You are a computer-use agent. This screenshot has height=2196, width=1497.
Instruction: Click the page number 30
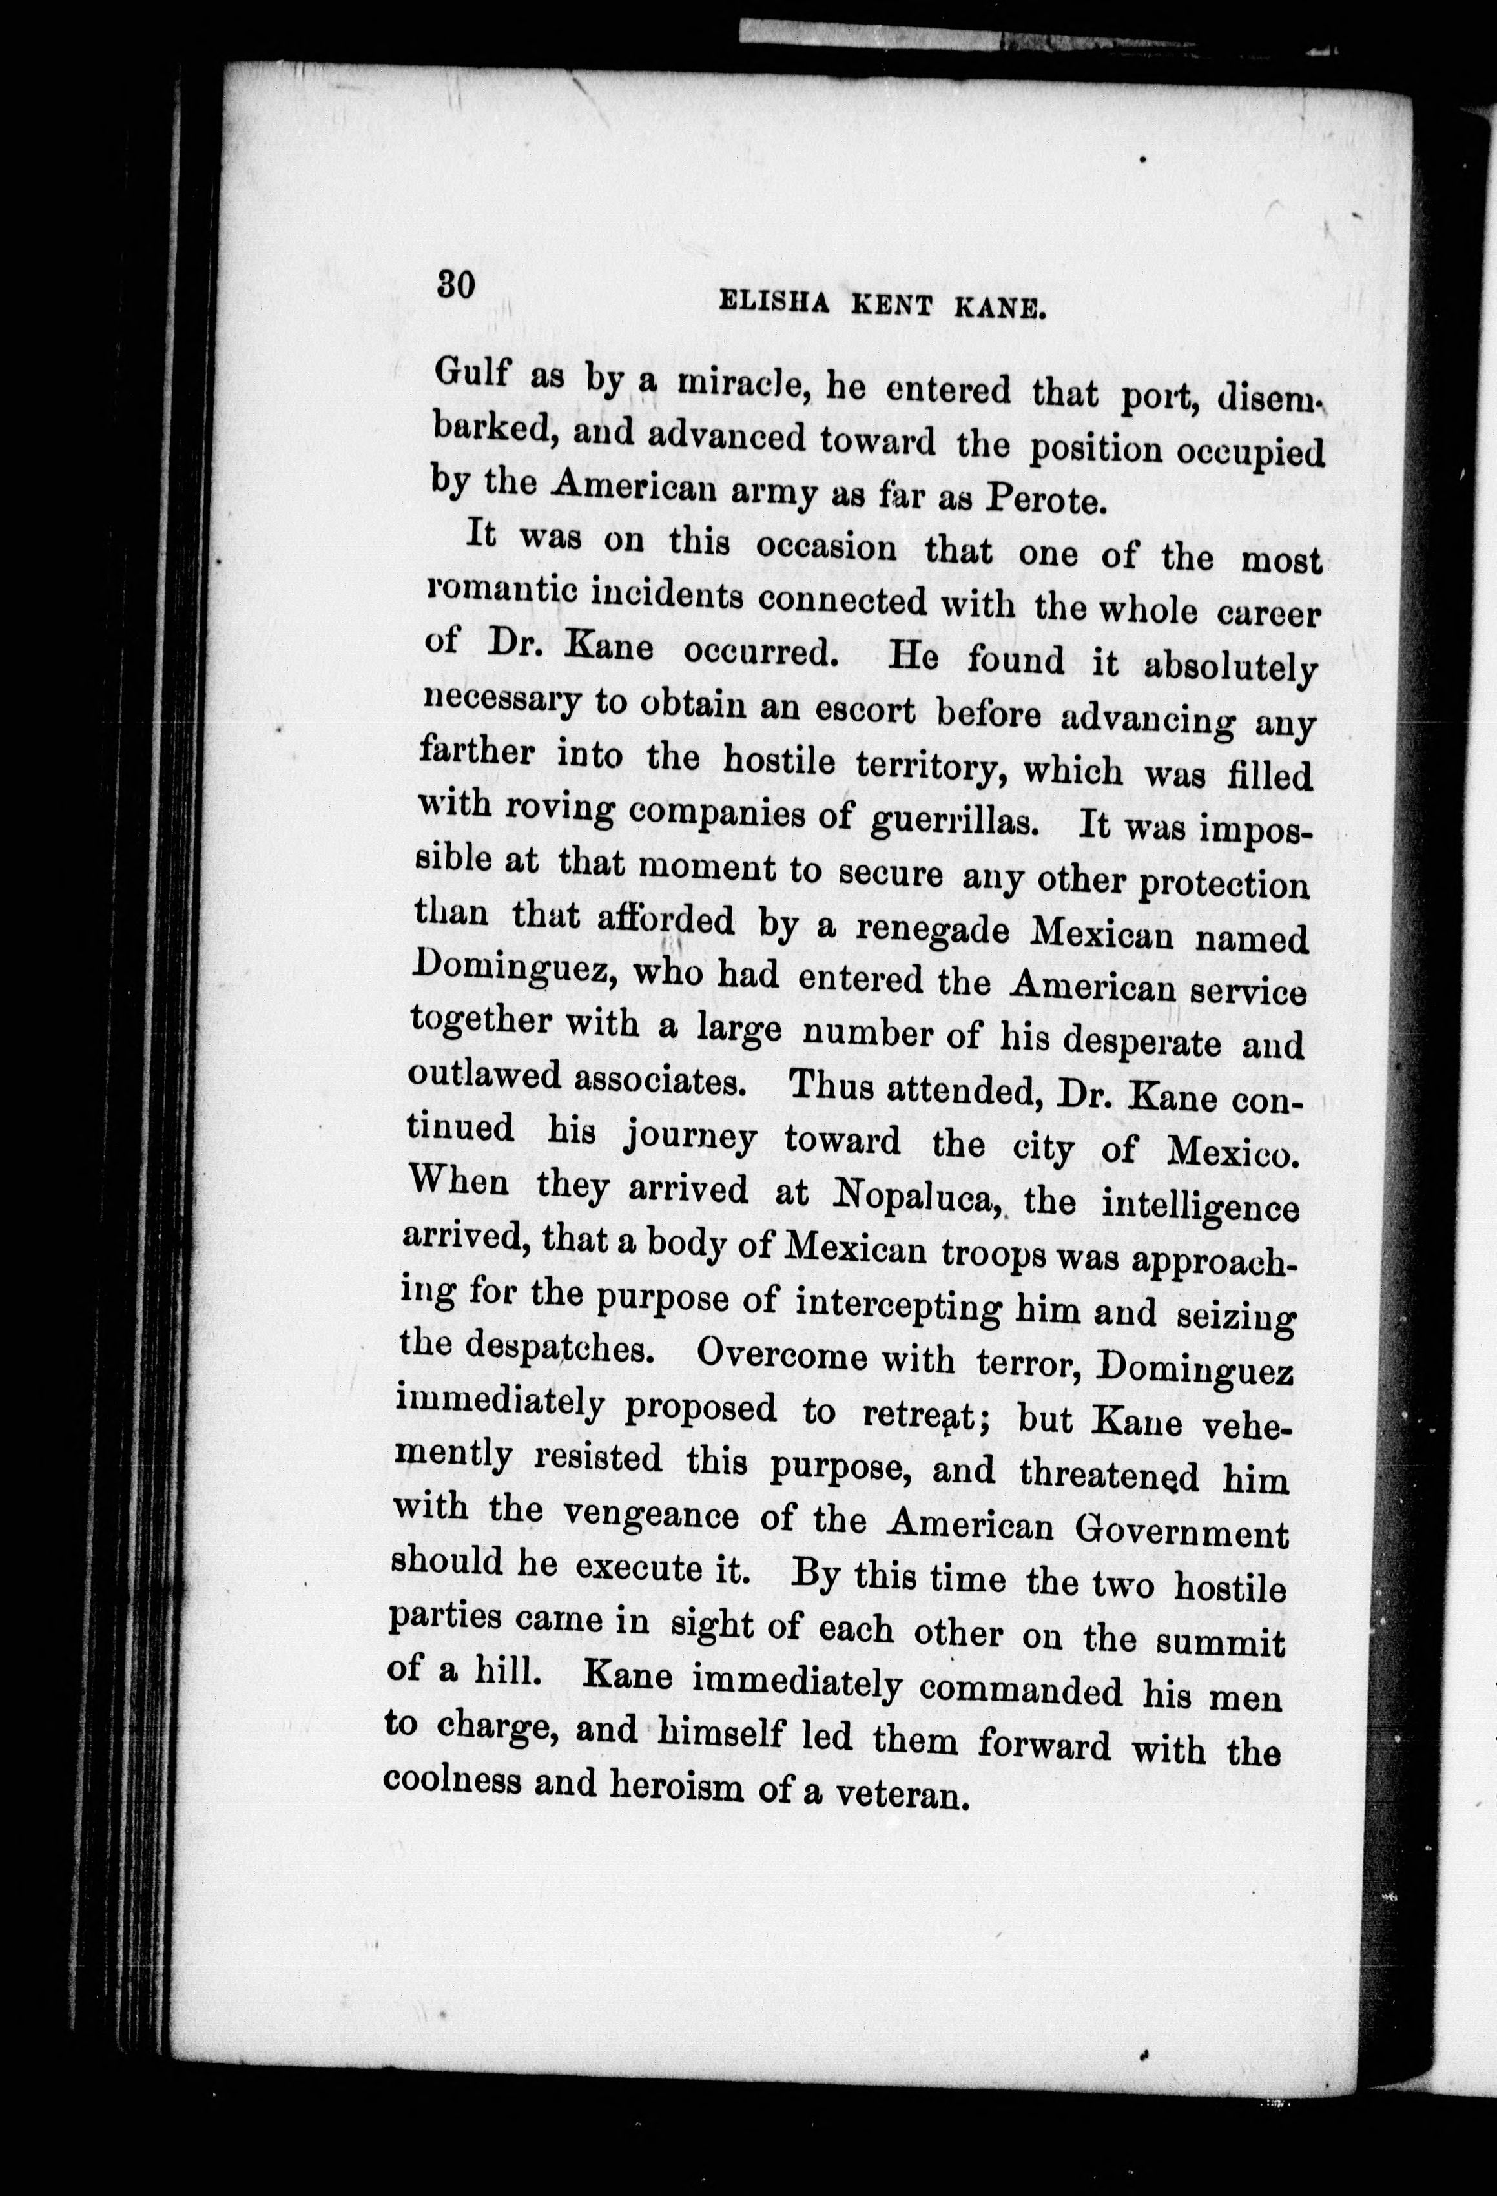(x=455, y=284)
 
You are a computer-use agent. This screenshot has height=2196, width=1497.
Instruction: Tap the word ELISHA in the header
(x=773, y=304)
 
